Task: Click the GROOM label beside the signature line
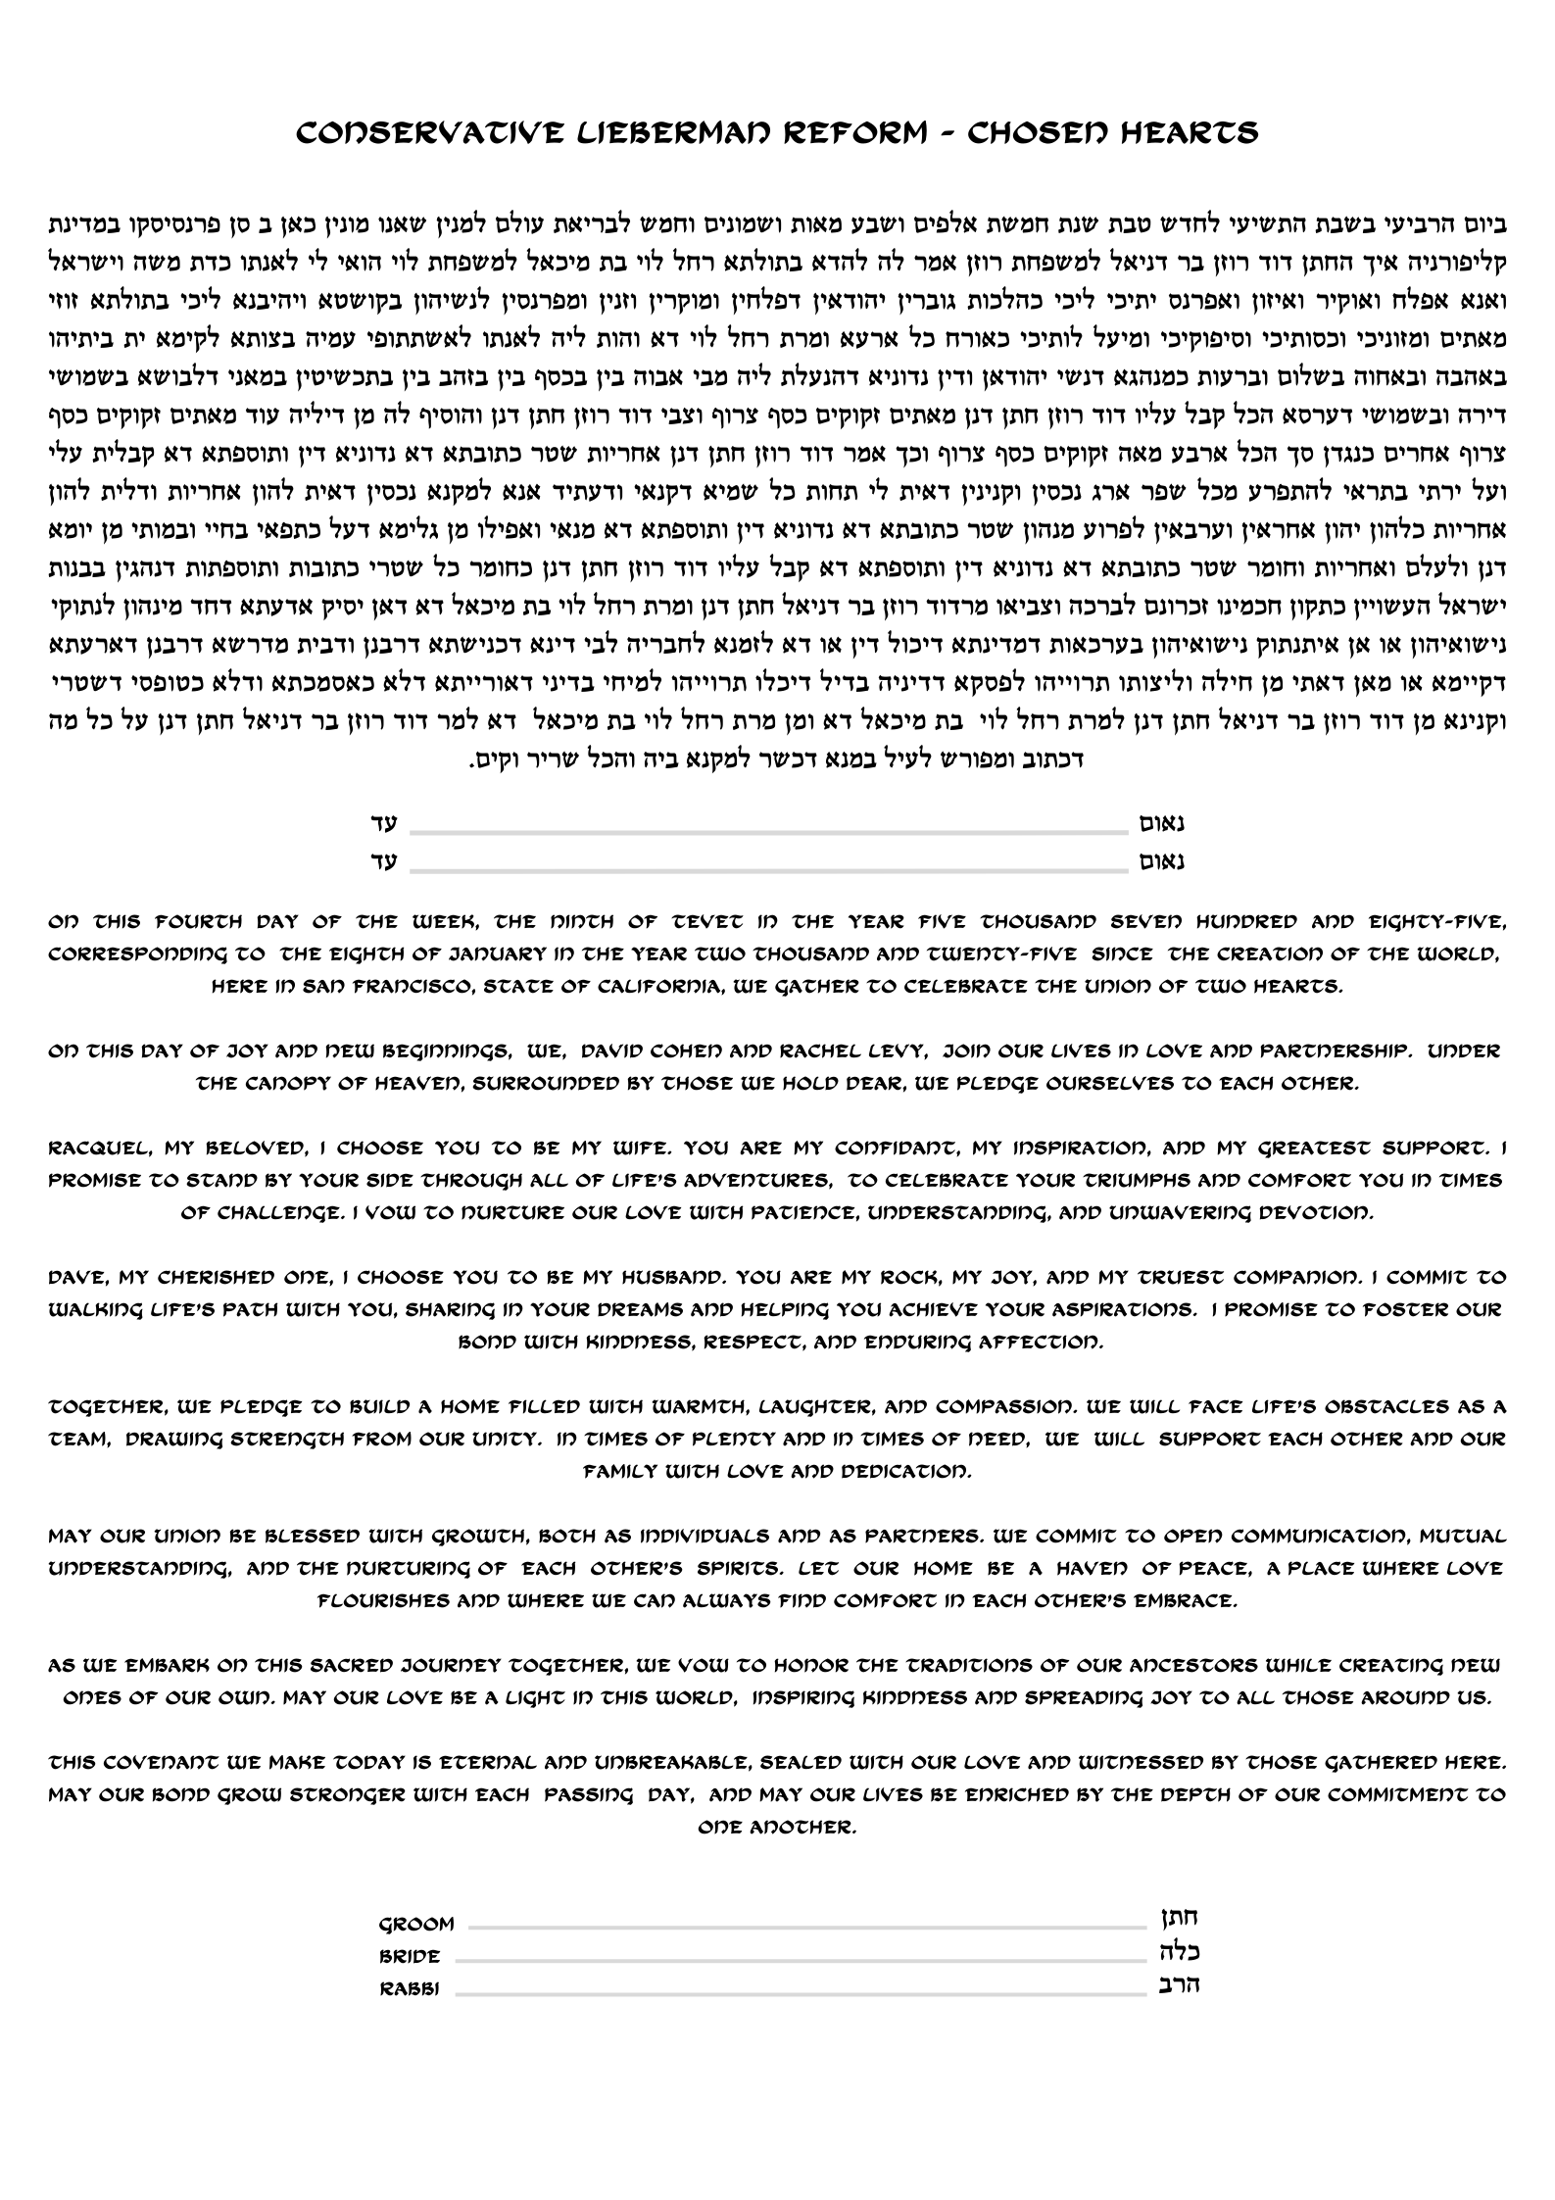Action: [x=416, y=1925]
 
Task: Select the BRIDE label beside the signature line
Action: [x=410, y=1957]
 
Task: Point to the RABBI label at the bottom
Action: [x=410, y=1989]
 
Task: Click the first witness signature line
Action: [x=769, y=832]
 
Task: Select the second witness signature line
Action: [x=769, y=868]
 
